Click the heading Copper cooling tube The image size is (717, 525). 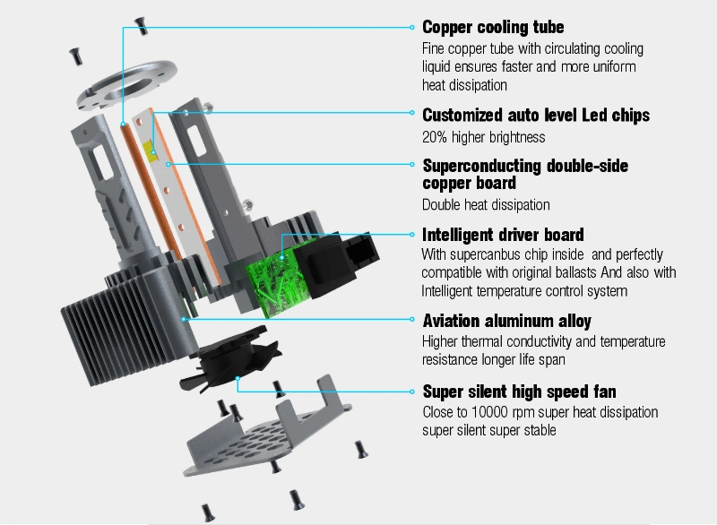tap(493, 28)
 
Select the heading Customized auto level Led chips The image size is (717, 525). tap(536, 116)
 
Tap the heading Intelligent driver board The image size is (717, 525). tap(503, 235)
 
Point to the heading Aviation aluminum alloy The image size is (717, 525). tap(506, 321)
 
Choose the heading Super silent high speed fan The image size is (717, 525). tap(520, 392)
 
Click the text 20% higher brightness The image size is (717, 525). tap(484, 137)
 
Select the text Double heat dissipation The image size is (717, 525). tap(486, 204)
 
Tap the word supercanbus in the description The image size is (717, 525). tap(485, 254)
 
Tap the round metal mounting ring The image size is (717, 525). tap(126, 85)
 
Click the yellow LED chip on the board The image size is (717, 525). tap(150, 151)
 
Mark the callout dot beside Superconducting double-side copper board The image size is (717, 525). tap(412, 165)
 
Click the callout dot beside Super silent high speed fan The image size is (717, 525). tap(412, 392)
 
